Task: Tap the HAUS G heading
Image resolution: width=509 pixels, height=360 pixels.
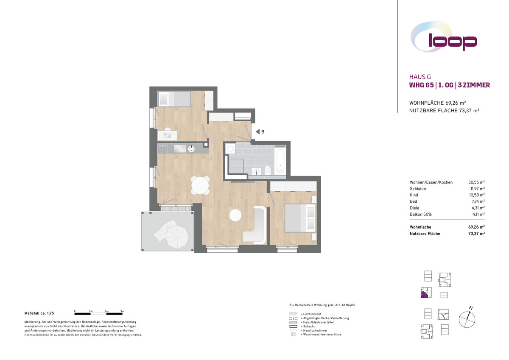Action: click(x=420, y=77)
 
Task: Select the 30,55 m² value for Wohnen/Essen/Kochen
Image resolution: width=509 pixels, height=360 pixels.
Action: click(x=476, y=182)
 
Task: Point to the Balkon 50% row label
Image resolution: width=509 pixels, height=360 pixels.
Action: click(x=421, y=214)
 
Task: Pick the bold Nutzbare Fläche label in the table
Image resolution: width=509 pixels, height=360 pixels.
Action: click(x=425, y=234)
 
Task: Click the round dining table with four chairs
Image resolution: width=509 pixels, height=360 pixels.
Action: click(x=200, y=185)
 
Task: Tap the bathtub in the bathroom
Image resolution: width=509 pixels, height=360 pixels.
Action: click(x=280, y=162)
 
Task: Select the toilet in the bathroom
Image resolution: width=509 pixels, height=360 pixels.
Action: click(x=268, y=170)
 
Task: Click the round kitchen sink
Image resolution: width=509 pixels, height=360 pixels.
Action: click(x=191, y=149)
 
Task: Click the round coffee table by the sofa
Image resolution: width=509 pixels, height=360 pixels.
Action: click(x=235, y=215)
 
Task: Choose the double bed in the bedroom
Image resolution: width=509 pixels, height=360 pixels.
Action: click(x=300, y=218)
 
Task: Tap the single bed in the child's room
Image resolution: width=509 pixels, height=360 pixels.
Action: click(x=174, y=99)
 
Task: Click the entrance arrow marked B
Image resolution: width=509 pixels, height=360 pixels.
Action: click(x=258, y=132)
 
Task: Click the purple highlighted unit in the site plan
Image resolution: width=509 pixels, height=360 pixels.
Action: click(x=424, y=294)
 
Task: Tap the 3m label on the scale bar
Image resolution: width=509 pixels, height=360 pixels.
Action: click(x=122, y=311)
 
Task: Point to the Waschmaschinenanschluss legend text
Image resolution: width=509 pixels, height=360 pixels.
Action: click(x=322, y=334)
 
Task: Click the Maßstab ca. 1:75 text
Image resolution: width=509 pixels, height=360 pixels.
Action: click(x=39, y=313)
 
